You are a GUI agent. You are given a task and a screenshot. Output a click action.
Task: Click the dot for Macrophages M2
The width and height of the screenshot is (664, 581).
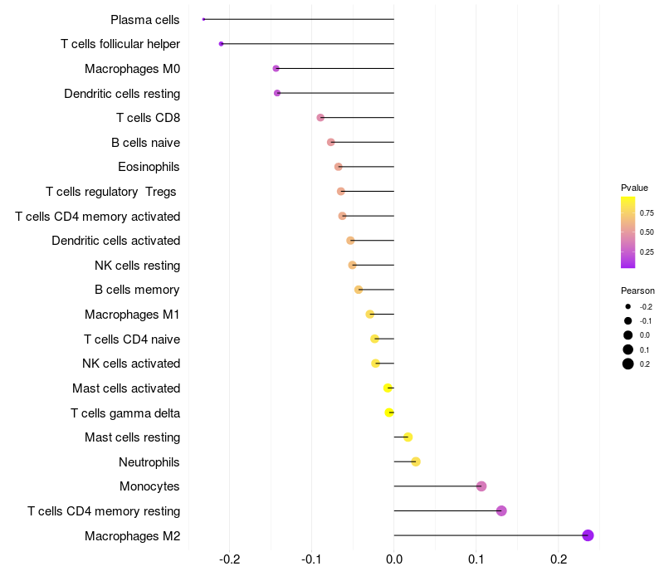coord(588,535)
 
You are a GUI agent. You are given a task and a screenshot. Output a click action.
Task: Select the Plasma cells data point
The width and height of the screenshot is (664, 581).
coord(203,19)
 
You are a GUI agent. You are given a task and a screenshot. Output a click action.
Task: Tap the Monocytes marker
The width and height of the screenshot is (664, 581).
coord(481,486)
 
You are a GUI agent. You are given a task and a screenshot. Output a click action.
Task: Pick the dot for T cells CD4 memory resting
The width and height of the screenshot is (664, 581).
coord(501,510)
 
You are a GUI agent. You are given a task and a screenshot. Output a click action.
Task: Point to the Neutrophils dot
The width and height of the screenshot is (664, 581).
coord(416,461)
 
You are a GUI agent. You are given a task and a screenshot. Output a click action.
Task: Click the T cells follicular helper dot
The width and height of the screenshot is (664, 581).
coord(221,43)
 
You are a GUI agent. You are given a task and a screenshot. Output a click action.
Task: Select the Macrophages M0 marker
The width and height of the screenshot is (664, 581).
coord(276,68)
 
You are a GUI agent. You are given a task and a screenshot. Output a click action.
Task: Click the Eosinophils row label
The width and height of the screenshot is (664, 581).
coord(149,167)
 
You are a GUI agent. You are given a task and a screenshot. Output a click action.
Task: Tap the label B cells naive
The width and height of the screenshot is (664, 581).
coord(145,142)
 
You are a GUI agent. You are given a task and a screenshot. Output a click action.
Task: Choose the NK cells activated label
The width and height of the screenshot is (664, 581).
coord(131,364)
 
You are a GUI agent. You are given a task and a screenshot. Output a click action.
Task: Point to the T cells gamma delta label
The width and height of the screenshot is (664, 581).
coord(125,413)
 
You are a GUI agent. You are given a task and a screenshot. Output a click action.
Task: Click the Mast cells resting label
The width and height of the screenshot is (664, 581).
coord(132,437)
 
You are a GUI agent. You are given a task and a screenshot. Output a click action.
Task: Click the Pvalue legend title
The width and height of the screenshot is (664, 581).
coord(634,188)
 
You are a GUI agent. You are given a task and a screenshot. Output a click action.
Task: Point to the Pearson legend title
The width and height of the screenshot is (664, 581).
coord(637,290)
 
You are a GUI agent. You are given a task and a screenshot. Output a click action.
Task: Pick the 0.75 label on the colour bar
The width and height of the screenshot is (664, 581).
coord(647,213)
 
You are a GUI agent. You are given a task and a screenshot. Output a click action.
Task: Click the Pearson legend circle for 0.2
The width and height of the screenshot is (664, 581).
coord(628,364)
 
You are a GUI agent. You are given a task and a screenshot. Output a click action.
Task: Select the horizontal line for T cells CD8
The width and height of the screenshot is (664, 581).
coord(357,118)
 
